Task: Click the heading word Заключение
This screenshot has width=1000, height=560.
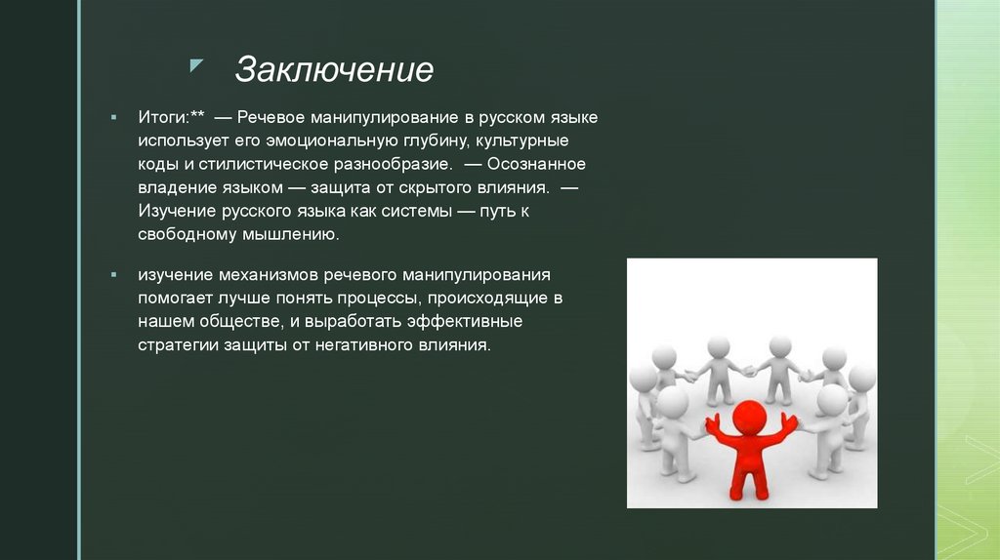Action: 334,70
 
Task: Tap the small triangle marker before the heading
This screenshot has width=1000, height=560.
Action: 196,65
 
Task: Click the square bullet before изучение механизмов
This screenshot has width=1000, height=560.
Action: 114,274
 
